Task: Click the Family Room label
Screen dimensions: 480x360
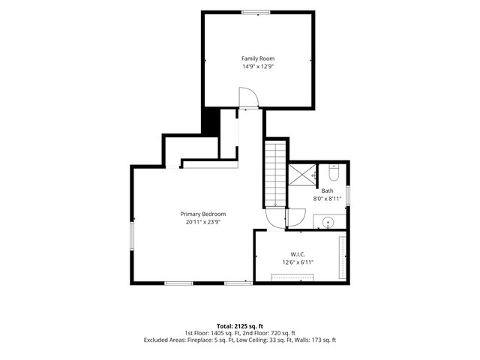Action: tap(258, 58)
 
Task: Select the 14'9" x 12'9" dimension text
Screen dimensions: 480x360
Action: tap(258, 67)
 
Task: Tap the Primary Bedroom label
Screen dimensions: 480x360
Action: tap(203, 214)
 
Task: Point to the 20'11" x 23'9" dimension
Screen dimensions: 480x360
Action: tap(203, 222)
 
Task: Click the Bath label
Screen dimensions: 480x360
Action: tap(327, 190)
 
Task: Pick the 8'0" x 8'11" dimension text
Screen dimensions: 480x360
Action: tap(327, 199)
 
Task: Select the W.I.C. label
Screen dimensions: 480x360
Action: tap(298, 254)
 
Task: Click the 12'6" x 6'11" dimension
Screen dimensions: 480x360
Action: tap(298, 262)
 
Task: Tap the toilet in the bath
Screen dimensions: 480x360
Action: tap(333, 172)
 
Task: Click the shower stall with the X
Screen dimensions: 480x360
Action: tap(302, 175)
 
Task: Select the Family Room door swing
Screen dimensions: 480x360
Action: tap(249, 97)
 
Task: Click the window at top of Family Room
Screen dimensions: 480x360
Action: tap(256, 12)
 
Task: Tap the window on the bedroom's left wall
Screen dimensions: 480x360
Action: tap(132, 236)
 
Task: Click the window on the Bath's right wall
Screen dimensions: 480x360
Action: tap(348, 196)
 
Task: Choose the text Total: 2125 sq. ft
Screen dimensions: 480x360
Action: tap(240, 326)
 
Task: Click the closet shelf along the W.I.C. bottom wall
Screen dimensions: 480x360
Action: tap(292, 277)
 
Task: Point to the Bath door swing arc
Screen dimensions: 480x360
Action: tap(297, 217)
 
